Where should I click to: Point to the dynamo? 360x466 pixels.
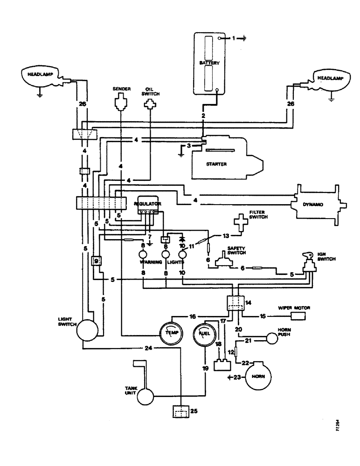coord(317,205)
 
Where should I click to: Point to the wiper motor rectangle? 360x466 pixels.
coord(298,317)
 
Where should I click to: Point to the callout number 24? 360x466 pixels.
coord(148,348)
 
